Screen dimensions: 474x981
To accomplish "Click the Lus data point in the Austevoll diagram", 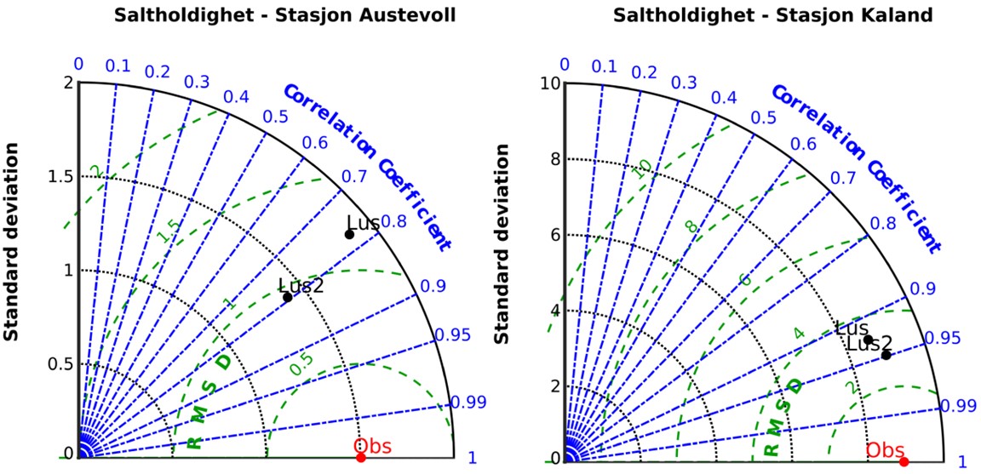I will point(349,234).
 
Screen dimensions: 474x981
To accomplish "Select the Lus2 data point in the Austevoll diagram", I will point(288,297).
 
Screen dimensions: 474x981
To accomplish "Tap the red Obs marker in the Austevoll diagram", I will point(361,458).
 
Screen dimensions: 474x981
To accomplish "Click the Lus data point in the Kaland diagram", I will point(869,340).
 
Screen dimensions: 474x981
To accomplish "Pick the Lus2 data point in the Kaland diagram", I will point(886,355).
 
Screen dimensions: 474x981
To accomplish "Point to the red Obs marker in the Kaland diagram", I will point(904,462).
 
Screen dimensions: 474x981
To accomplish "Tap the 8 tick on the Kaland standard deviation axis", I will point(554,158).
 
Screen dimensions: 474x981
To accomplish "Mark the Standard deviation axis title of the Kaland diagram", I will point(502,243).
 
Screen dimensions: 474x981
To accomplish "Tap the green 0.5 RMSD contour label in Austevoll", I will point(301,364).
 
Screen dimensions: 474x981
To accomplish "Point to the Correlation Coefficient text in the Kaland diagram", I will point(858,167).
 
